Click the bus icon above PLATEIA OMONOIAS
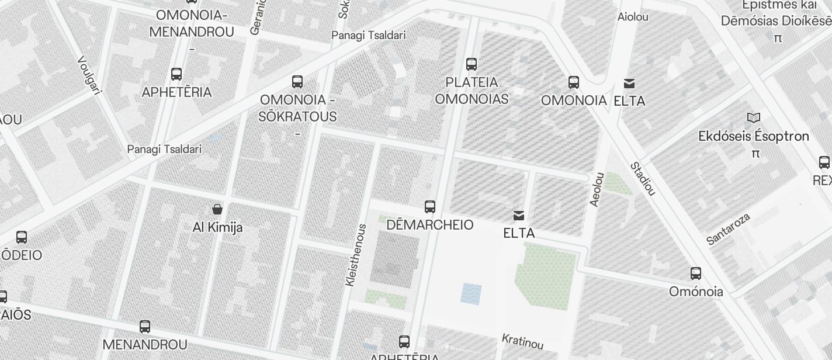point(472,64)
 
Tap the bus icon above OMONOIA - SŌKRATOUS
point(297,81)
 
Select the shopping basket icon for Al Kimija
point(217,209)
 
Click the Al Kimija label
point(217,227)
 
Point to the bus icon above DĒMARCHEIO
point(430,206)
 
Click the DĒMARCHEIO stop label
point(430,225)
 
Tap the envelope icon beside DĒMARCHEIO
point(519,216)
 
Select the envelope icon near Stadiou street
point(629,84)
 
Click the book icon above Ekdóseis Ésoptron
point(754,118)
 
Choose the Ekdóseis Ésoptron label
point(754,137)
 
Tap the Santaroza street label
point(728,230)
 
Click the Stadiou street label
point(643,178)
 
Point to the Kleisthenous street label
point(355,255)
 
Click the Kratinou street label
point(523,341)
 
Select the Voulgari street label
point(90,75)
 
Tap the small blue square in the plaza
point(471,293)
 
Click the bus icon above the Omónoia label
point(696,273)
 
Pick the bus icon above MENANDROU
point(145,327)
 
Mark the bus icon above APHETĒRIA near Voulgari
point(176,74)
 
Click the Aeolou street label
point(597,189)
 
